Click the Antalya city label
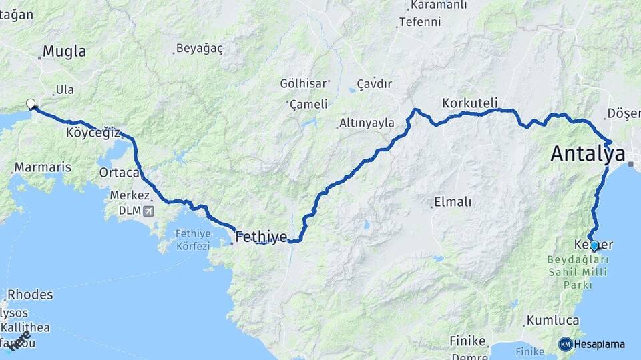pyautogui.click(x=588, y=155)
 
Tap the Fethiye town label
pyautogui.click(x=261, y=236)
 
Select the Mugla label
pyautogui.click(x=64, y=51)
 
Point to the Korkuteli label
pyautogui.click(x=470, y=103)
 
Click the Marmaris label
pyautogui.click(x=43, y=167)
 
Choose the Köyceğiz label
pyautogui.click(x=93, y=132)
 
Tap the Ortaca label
pyautogui.click(x=119, y=173)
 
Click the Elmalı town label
pyautogui.click(x=453, y=201)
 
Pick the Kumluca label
pyautogui.click(x=552, y=321)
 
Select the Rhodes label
pyautogui.click(x=30, y=295)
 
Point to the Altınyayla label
pyautogui.click(x=367, y=123)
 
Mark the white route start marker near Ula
pyautogui.click(x=30, y=103)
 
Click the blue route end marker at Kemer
pyautogui.click(x=594, y=245)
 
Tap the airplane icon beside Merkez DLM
pyautogui.click(x=147, y=211)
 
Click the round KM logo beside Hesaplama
pyautogui.click(x=566, y=344)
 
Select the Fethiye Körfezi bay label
pyautogui.click(x=192, y=239)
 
